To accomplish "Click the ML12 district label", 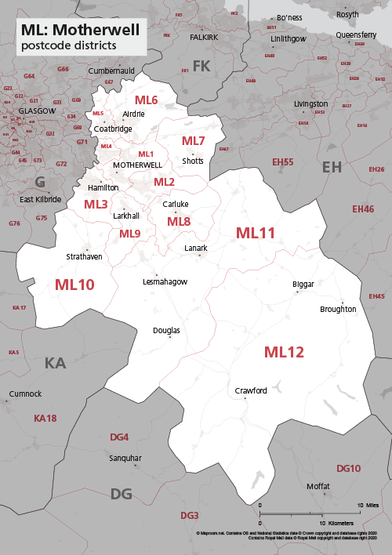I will point(283,352).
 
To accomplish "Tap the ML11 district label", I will point(256,233).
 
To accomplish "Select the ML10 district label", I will point(74,285).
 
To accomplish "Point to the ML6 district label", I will point(146,100).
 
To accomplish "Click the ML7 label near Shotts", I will point(193,141).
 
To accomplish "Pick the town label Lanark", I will point(195,248).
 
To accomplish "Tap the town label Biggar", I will point(303,283).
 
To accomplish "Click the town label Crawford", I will point(251,390).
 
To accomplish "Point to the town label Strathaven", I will point(85,256).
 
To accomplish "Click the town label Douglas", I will point(166,331).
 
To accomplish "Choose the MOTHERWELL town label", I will point(137,165).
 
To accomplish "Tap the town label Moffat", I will point(318,486).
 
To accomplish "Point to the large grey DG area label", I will point(121,493).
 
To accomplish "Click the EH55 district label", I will point(282,162).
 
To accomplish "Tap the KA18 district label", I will point(45,419).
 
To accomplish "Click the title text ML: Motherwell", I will point(82,30).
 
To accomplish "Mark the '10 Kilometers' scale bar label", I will point(336,522).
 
